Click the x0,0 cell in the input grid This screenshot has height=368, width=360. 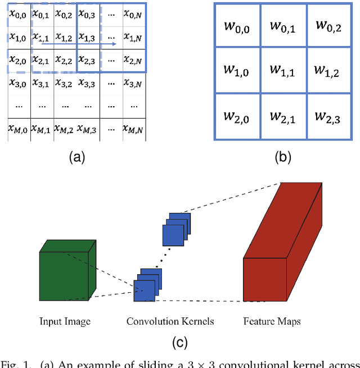(x=19, y=14)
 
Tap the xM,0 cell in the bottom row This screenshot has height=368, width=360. (x=18, y=129)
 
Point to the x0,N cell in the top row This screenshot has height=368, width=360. (x=134, y=14)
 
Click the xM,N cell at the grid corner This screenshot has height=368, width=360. (x=134, y=129)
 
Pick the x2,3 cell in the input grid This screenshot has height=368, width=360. (x=87, y=60)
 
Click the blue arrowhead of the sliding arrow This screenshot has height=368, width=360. (x=115, y=43)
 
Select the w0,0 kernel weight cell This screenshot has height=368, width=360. (x=238, y=26)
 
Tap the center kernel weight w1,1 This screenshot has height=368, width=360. (x=283, y=71)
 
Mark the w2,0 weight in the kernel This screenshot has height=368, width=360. (x=238, y=116)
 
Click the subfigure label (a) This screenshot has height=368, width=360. (x=76, y=158)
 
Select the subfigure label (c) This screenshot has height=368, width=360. (x=179, y=342)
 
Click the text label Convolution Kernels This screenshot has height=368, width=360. (x=163, y=321)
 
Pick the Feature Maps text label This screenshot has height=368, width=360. (x=272, y=321)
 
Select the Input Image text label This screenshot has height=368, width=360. (x=65, y=321)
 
